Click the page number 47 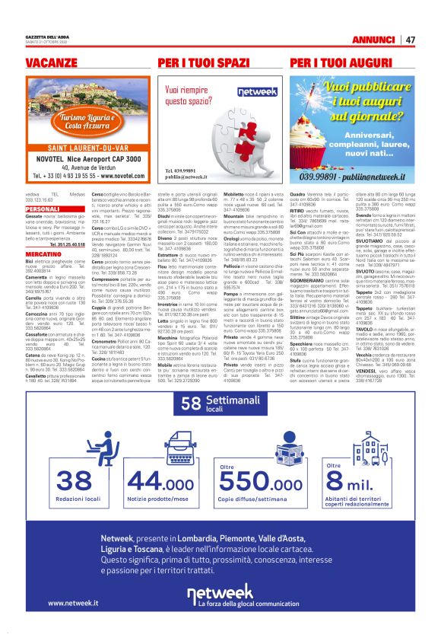(x=410, y=39)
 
